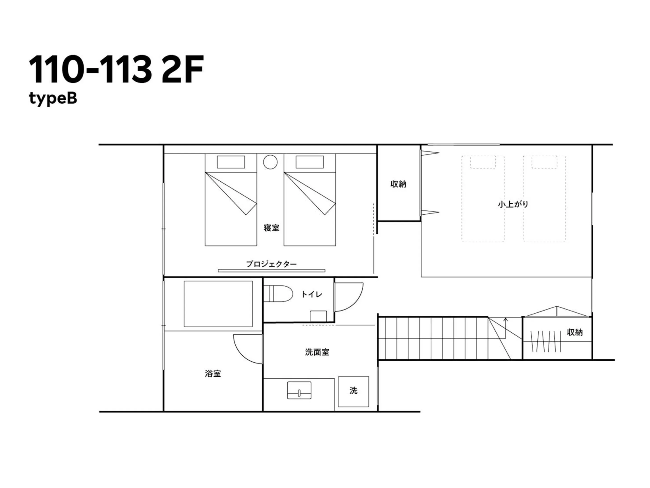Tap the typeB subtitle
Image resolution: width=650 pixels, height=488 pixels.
tap(53, 98)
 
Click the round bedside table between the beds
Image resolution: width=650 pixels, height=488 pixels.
tap(270, 162)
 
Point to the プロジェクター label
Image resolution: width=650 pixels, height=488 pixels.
tap(271, 264)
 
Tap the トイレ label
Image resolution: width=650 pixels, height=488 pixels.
tap(311, 294)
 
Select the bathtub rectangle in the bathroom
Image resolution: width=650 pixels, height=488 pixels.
tap(218, 304)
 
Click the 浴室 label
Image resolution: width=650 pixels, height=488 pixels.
tap(213, 374)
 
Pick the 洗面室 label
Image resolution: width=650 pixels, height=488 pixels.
tap(317, 352)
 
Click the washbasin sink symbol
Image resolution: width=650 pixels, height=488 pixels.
tap(299, 390)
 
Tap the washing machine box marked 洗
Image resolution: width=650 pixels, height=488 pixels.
tap(353, 391)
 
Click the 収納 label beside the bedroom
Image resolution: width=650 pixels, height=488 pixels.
tap(398, 184)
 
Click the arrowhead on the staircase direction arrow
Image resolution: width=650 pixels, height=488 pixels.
tap(505, 319)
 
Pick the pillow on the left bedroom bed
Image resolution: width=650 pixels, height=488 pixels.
tap(231, 162)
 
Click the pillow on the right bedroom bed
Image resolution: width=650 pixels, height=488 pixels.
tap(309, 162)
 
